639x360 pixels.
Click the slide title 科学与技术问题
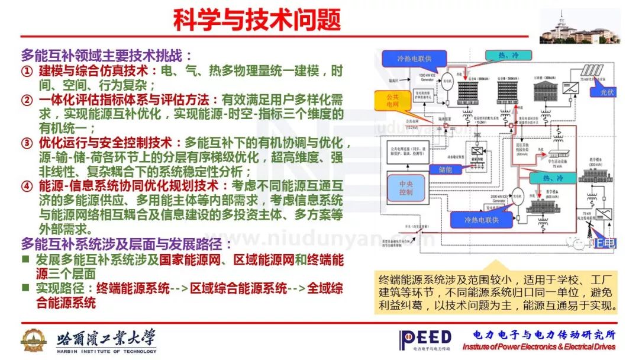click(x=257, y=20)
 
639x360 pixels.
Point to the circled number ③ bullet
click(x=27, y=144)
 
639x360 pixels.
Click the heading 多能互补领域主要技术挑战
click(x=106, y=56)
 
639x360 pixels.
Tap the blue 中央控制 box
click(x=406, y=188)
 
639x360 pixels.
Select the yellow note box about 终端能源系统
click(x=498, y=292)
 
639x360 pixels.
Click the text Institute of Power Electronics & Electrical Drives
click(x=538, y=347)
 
